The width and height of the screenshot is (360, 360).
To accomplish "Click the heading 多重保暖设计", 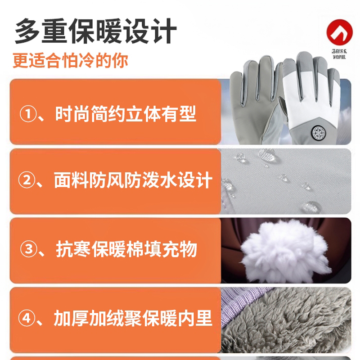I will coord(95,31).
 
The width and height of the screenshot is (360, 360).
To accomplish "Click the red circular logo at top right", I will coord(340,34).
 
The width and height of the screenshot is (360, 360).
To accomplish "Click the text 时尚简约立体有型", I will coord(126,114).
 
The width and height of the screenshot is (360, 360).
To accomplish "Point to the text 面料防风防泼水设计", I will coord(133,181).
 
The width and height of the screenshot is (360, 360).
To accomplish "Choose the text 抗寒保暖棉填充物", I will coord(126,250).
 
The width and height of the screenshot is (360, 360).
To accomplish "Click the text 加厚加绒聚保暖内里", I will coord(133,319).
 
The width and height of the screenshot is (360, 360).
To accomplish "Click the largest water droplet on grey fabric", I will coord(310,207).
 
